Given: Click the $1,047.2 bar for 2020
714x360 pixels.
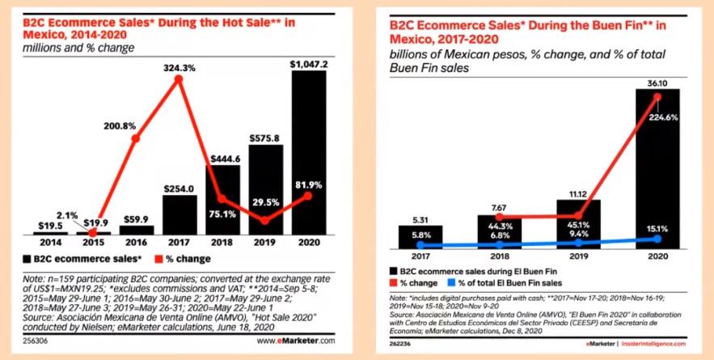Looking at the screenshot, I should coord(309,146).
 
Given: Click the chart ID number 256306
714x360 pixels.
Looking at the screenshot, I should coord(35,341).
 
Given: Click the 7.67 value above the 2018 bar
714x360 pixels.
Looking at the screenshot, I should coord(498,207).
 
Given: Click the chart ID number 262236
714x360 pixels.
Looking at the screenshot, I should coord(402,344).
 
